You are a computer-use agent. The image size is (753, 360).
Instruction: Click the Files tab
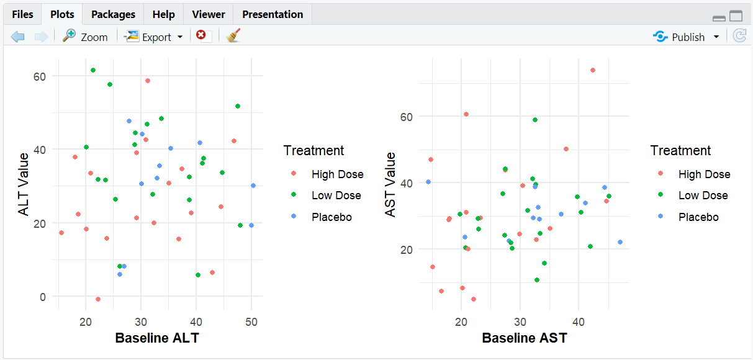point(22,14)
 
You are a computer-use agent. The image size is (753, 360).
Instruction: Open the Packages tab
point(113,14)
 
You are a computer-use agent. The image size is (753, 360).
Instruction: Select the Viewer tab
point(209,14)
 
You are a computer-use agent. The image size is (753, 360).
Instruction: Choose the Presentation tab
point(273,14)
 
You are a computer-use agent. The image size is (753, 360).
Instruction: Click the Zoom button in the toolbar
point(86,37)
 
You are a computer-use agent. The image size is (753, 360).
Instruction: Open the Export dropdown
point(154,37)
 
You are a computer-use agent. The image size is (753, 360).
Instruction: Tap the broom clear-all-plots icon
point(233,36)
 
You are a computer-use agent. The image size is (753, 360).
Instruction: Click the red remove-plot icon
point(201,35)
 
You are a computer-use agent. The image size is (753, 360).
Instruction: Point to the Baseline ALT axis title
point(157,338)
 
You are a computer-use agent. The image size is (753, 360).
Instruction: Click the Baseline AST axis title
point(524,338)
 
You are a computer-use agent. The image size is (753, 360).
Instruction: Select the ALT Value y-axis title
point(24,184)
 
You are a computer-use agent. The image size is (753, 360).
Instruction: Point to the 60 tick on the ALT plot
point(40,76)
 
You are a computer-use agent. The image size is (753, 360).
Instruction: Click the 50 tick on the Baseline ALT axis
point(251,321)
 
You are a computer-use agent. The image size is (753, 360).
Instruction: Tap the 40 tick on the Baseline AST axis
point(578,321)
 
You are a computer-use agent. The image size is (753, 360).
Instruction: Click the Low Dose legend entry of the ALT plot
point(336,196)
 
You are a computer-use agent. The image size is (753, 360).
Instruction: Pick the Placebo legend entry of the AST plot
point(698,217)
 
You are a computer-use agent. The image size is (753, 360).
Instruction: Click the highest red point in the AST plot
point(592,70)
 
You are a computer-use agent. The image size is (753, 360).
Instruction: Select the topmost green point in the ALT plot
point(93,70)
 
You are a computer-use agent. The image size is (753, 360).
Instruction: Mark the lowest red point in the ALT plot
point(98,299)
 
